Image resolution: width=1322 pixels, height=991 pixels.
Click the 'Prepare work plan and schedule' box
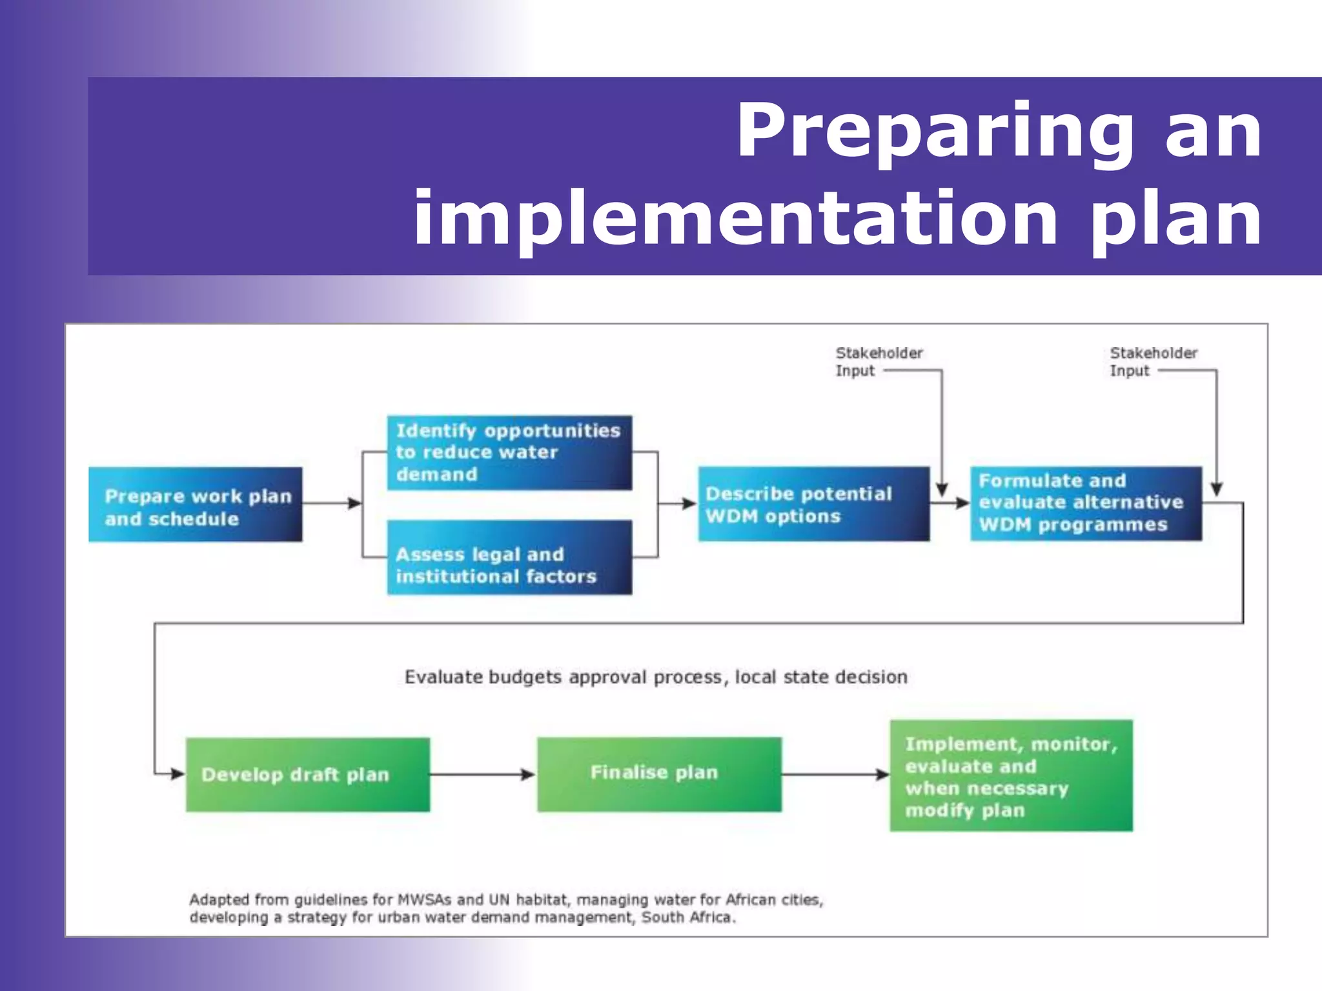click(195, 505)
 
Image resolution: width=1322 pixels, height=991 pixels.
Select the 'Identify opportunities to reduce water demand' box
click(509, 453)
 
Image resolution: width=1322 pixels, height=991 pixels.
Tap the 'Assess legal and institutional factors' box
click(509, 557)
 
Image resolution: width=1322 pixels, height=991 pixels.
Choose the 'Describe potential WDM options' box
click(813, 504)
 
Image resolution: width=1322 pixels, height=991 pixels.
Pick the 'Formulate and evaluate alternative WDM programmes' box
click(1086, 503)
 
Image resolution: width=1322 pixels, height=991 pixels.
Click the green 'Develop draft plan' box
click(307, 774)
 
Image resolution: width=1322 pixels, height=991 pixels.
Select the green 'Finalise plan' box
click(659, 774)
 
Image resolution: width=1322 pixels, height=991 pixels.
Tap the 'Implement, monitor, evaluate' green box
click(1011, 776)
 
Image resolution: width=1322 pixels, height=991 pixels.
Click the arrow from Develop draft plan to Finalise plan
click(483, 774)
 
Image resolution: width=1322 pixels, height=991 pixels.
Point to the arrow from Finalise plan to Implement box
click(835, 774)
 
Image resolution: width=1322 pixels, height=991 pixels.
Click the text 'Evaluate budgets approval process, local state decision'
click(656, 677)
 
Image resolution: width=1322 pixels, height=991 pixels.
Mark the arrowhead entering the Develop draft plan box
click(178, 774)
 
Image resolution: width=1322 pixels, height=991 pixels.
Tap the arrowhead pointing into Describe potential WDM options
click(689, 503)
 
